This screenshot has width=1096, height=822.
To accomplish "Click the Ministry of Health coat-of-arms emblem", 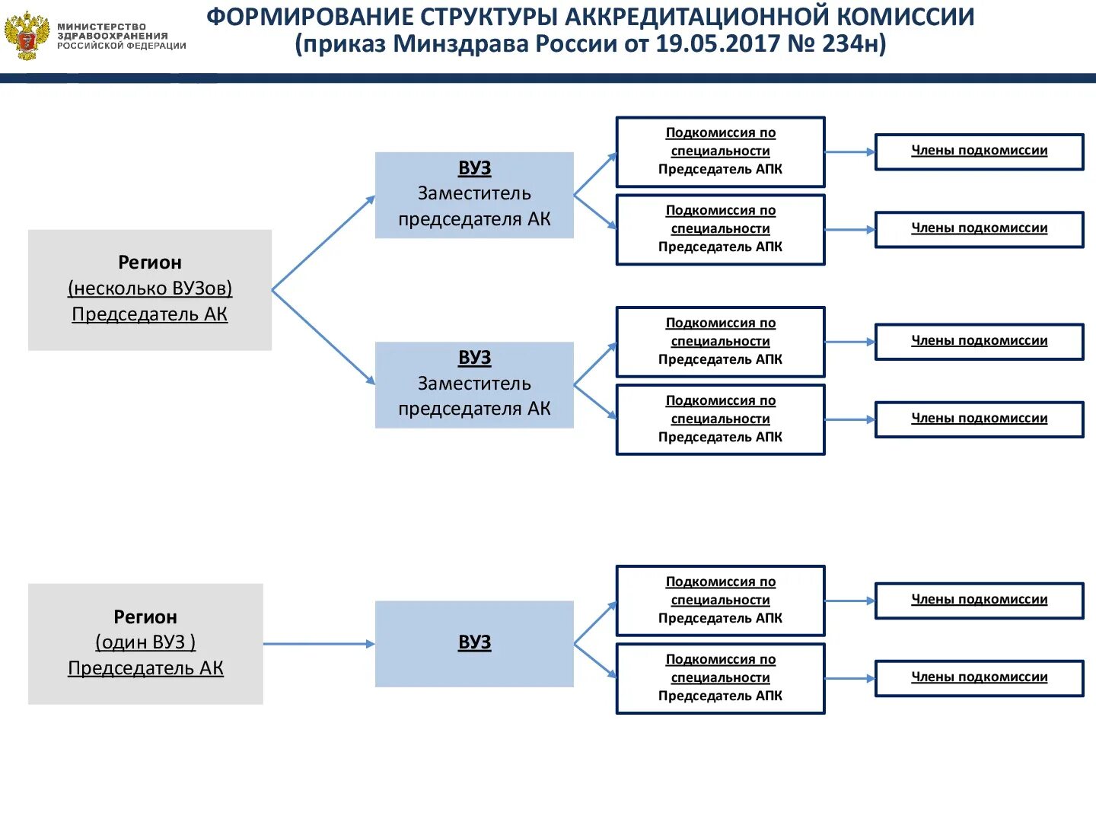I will point(27,36).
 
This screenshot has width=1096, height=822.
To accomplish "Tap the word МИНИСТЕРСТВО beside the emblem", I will point(101,27).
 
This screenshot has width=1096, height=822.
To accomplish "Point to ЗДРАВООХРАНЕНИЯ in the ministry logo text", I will point(113,36).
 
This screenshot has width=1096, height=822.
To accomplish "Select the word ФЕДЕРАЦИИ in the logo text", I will point(155,46).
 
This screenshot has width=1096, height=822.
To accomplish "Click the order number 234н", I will point(854,44).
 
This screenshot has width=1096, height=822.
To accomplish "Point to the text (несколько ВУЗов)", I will point(150,288).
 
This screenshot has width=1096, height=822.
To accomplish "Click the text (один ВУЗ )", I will point(145,642).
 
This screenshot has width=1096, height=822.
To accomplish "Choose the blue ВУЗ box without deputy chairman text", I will point(474,643).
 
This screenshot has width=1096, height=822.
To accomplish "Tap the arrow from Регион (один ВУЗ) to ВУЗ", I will point(319,644).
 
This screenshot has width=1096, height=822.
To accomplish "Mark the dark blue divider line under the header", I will point(548,78).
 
